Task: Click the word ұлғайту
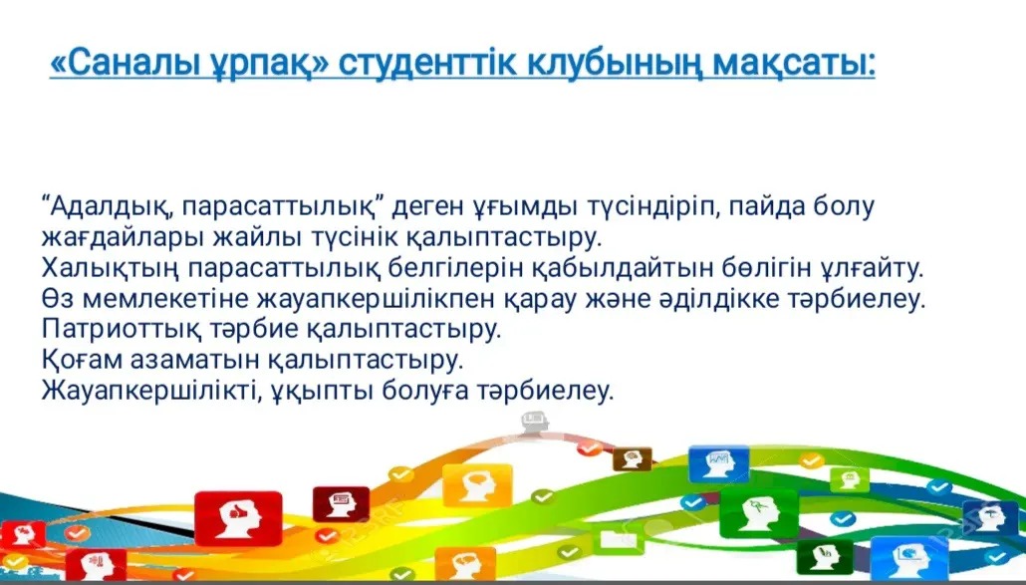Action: pos(871,268)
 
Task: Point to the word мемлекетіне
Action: pos(166,299)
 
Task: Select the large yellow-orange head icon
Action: pos(477,485)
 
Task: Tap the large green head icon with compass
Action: pos(758,512)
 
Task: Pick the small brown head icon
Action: pos(633,458)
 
